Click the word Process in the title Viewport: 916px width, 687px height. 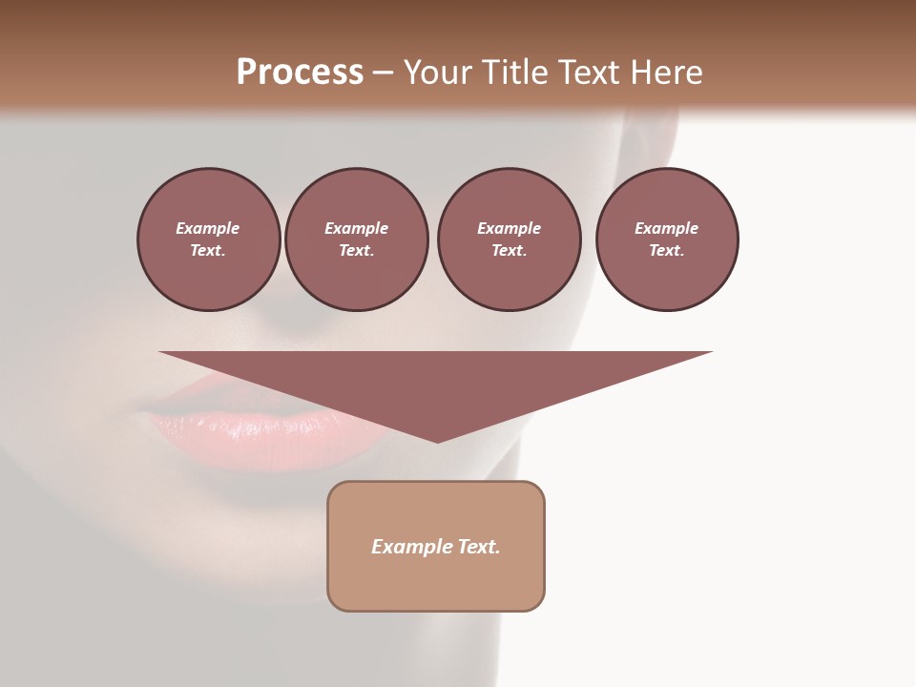click(x=300, y=73)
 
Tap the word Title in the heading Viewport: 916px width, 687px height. click(x=513, y=73)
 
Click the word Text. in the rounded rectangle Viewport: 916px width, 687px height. click(x=478, y=547)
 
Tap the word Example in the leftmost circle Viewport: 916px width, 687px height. click(x=208, y=228)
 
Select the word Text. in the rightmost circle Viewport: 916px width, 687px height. click(x=667, y=250)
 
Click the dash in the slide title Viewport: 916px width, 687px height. click(x=383, y=73)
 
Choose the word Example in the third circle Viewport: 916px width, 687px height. click(x=509, y=228)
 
